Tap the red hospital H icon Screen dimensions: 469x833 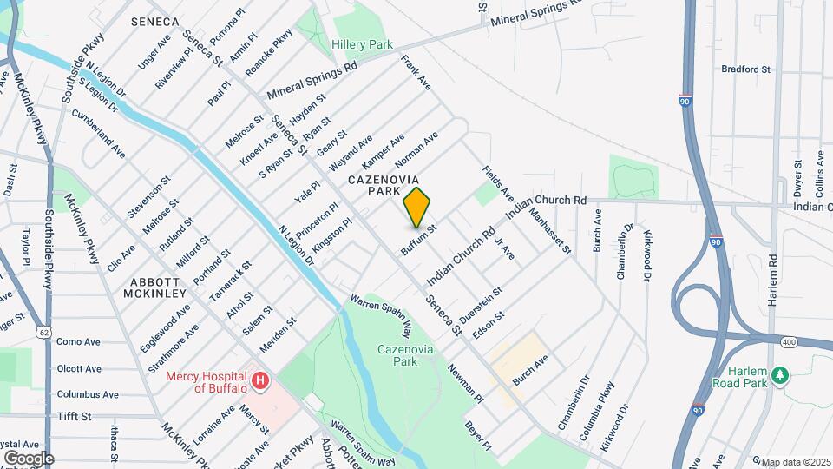(x=259, y=380)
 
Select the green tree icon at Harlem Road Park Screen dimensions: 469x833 (x=780, y=374)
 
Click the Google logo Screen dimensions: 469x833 (x=29, y=458)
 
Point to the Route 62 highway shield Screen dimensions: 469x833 (x=43, y=332)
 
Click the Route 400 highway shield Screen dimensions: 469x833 (x=788, y=343)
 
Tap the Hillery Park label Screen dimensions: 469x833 (x=362, y=44)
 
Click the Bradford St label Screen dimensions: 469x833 (x=745, y=69)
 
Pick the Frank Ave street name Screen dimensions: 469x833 (x=416, y=73)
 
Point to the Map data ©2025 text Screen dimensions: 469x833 (x=796, y=461)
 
